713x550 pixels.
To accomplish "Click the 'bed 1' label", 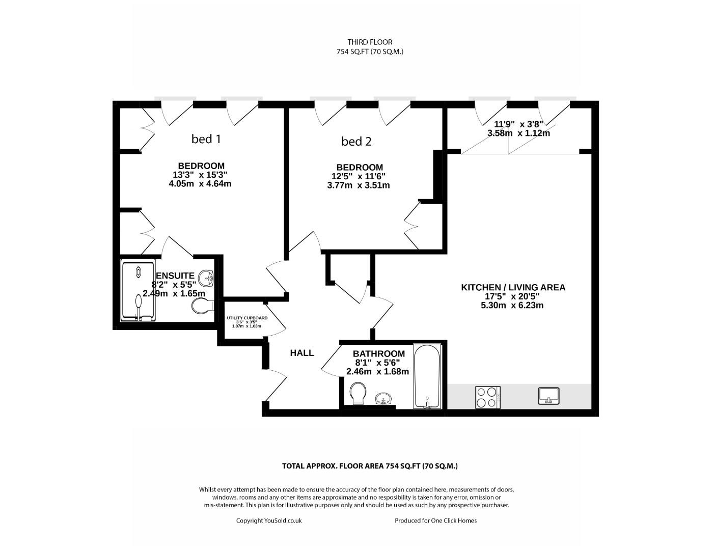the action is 206,139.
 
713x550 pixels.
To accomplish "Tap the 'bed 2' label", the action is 356,142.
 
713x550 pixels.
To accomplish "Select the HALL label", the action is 302,353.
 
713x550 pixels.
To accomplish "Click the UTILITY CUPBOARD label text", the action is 247,318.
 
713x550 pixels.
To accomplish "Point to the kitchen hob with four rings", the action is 488,398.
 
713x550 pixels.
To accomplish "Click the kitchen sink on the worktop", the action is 549,396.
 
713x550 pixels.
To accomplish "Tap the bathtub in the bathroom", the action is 427,376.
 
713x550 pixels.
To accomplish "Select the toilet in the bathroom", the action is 358,393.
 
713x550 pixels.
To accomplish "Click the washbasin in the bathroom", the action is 383,398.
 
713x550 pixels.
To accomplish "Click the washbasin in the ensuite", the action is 206,278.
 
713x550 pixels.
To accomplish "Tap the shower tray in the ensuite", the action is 139,290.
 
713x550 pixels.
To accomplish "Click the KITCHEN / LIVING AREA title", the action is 513,287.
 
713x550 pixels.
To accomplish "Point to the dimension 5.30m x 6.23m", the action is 512,306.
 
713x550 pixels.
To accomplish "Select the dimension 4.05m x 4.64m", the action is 200,184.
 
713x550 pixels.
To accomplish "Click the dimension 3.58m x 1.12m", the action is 519,133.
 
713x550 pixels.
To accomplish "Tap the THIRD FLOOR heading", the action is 370,42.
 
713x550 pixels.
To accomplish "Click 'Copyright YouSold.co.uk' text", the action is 269,520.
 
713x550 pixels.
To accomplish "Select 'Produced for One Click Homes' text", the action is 436,520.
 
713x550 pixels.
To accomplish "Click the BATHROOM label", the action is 378,353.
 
